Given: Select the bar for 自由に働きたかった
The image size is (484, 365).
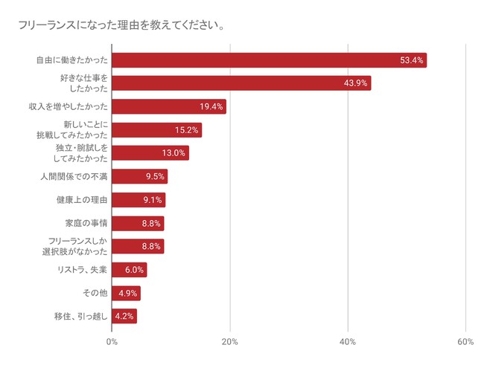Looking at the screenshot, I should [x=269, y=60].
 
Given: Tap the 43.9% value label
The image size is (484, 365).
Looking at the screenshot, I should [x=355, y=83].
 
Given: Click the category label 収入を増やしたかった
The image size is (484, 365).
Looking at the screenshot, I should [x=67, y=106].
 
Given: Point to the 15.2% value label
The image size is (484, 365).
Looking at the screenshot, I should [x=187, y=130].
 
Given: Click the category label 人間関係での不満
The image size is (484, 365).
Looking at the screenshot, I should [x=74, y=176].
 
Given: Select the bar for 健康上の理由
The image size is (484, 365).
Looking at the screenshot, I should [x=138, y=199].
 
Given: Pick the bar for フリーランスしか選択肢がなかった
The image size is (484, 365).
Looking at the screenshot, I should [x=138, y=246].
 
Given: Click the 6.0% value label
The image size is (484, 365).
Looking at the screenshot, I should [x=134, y=270].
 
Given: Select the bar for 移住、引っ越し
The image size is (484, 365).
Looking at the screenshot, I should [x=124, y=316].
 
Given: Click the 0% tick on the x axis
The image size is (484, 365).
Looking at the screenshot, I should [x=112, y=341].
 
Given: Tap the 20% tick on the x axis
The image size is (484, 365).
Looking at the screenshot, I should [x=230, y=341].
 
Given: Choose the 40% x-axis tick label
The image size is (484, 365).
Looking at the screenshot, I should [x=348, y=341].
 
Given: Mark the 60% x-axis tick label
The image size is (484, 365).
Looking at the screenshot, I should [x=465, y=341].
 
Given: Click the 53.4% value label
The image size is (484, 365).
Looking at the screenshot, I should [x=411, y=60].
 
